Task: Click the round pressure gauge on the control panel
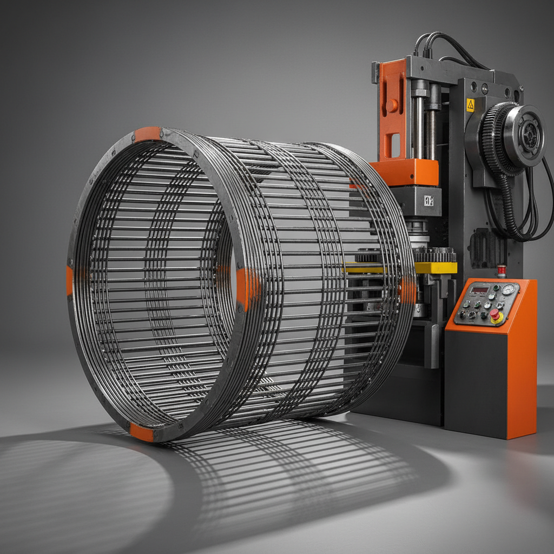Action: [507, 289]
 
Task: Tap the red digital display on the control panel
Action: [479, 290]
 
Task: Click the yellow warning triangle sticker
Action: [470, 105]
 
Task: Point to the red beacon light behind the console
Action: [502, 271]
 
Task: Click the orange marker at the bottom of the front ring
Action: [141, 432]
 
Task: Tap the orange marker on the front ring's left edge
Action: [69, 280]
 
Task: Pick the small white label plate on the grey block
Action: [428, 201]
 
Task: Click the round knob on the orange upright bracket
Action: [391, 105]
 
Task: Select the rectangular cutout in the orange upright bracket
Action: [394, 144]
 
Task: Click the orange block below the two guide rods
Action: [406, 172]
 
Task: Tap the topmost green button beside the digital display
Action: [496, 288]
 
